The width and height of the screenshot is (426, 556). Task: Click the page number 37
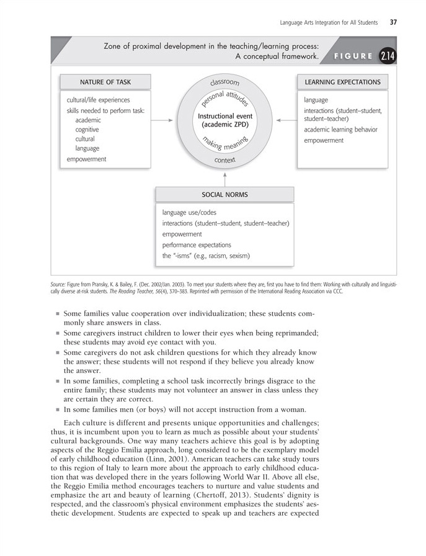[393, 23]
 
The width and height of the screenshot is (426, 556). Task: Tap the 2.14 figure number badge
[388, 56]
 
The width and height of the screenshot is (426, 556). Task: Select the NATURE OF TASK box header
[105, 81]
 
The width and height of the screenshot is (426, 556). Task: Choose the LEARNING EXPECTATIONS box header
[342, 81]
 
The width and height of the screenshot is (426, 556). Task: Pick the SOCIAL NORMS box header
[224, 194]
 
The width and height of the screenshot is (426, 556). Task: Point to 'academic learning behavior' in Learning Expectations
[340, 130]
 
